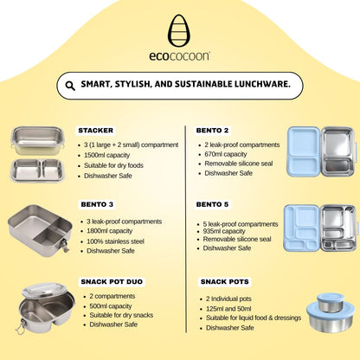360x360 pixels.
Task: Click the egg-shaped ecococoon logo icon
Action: click(x=179, y=30)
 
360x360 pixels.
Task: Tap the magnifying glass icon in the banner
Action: click(x=70, y=86)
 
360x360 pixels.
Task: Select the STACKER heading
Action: click(x=96, y=131)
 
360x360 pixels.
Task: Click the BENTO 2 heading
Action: click(x=212, y=131)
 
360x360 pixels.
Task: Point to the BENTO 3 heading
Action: click(x=97, y=204)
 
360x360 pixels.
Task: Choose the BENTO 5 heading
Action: click(x=212, y=204)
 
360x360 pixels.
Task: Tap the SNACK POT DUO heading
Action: click(x=112, y=281)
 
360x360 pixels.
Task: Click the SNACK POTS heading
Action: click(x=225, y=281)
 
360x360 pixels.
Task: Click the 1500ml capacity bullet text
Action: click(x=107, y=155)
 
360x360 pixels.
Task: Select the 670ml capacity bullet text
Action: click(x=226, y=154)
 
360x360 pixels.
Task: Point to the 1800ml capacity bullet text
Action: click(x=110, y=231)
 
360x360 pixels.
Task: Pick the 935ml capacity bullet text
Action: click(x=224, y=231)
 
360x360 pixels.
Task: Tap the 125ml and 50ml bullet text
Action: click(x=228, y=309)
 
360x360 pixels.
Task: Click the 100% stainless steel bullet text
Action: click(x=115, y=241)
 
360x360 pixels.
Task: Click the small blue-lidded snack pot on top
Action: click(x=330, y=302)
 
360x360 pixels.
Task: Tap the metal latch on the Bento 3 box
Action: click(x=65, y=245)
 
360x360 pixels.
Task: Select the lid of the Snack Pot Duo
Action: click(x=44, y=290)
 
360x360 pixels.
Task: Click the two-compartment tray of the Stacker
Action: click(x=37, y=170)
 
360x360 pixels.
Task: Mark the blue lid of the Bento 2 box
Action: click(x=304, y=151)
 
